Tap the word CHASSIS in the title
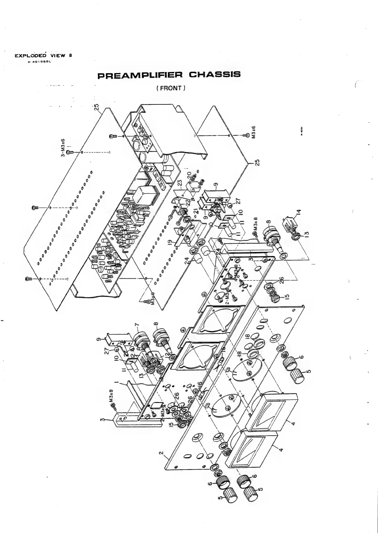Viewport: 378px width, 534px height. [x=215, y=75]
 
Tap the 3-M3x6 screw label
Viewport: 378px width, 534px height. [x=63, y=148]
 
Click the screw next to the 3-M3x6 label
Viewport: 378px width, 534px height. [x=71, y=152]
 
